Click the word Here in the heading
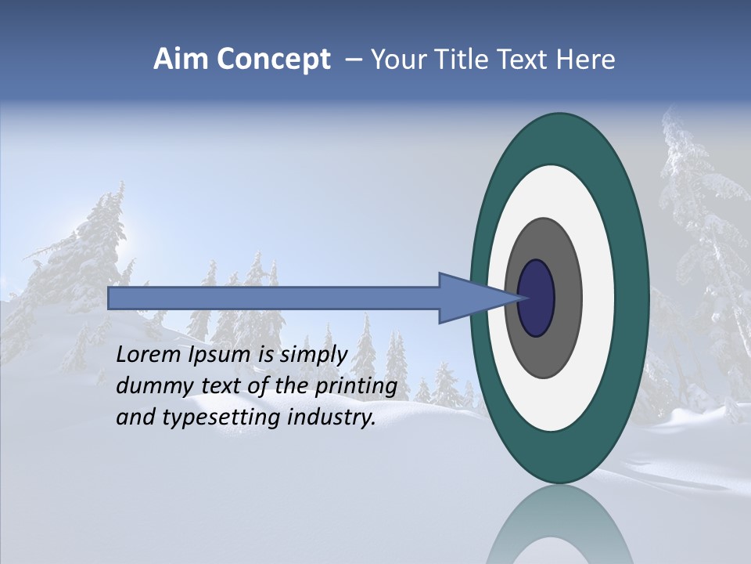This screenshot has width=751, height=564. point(586,60)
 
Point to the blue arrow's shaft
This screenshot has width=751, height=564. point(274,298)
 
